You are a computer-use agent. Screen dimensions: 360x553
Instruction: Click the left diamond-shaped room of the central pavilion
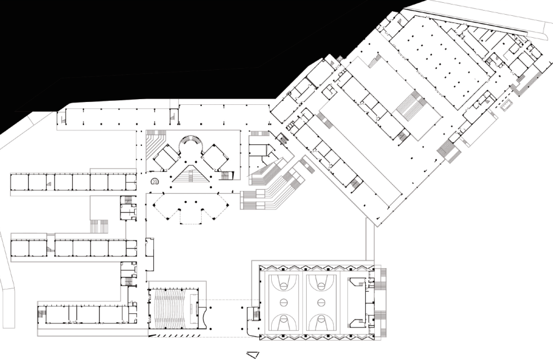167,156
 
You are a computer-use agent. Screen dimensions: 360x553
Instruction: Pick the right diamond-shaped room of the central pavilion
215,156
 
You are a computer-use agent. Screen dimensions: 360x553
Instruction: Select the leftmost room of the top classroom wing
19,182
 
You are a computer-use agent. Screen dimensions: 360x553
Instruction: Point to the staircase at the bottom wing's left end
42,313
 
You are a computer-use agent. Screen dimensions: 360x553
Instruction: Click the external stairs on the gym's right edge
384,299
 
